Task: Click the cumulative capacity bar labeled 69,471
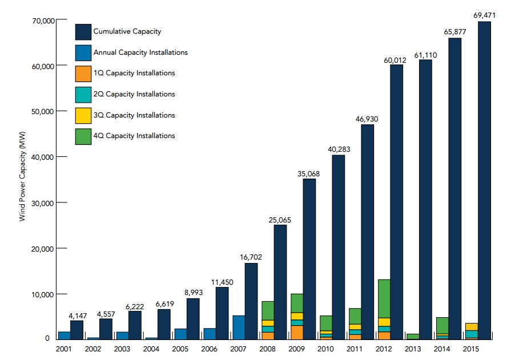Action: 484,180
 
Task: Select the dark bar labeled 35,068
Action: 309,259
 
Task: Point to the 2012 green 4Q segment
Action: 384,298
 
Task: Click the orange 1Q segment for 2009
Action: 297,332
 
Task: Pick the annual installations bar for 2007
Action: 239,327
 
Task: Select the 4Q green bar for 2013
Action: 413,337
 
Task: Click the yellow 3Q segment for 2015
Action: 471,326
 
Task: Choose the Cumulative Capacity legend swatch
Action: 83,31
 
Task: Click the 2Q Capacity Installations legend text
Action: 134,94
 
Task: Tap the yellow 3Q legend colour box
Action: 83,115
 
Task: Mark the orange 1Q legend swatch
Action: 83,74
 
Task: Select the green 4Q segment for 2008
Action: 268,310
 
